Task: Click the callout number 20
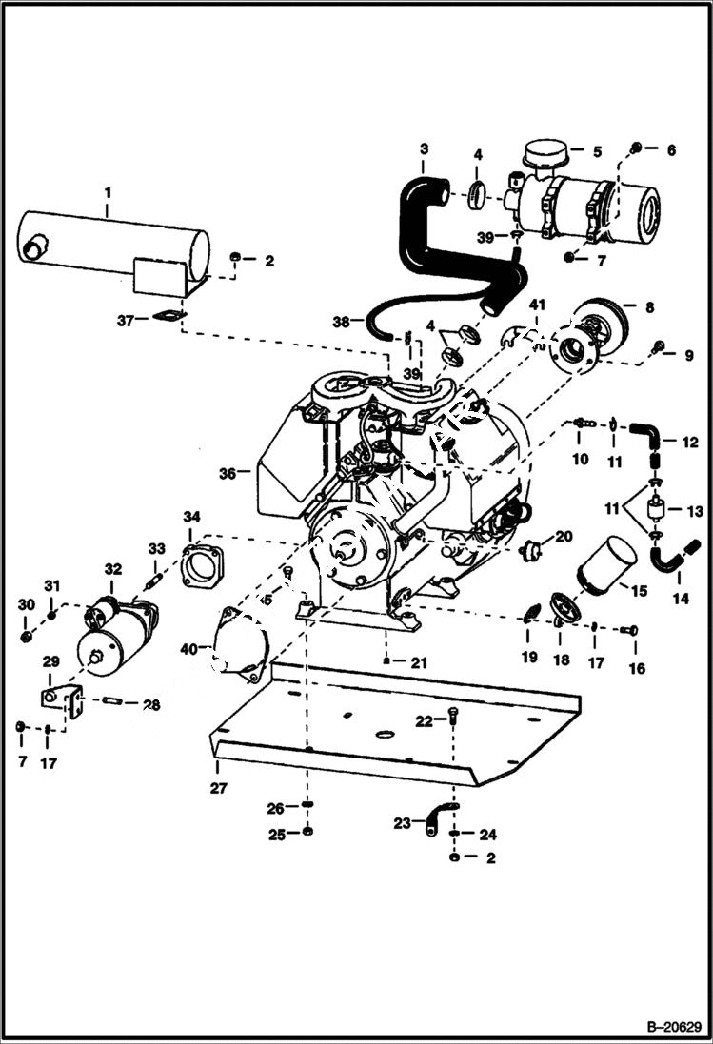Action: pos(564,537)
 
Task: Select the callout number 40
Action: pos(189,649)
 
